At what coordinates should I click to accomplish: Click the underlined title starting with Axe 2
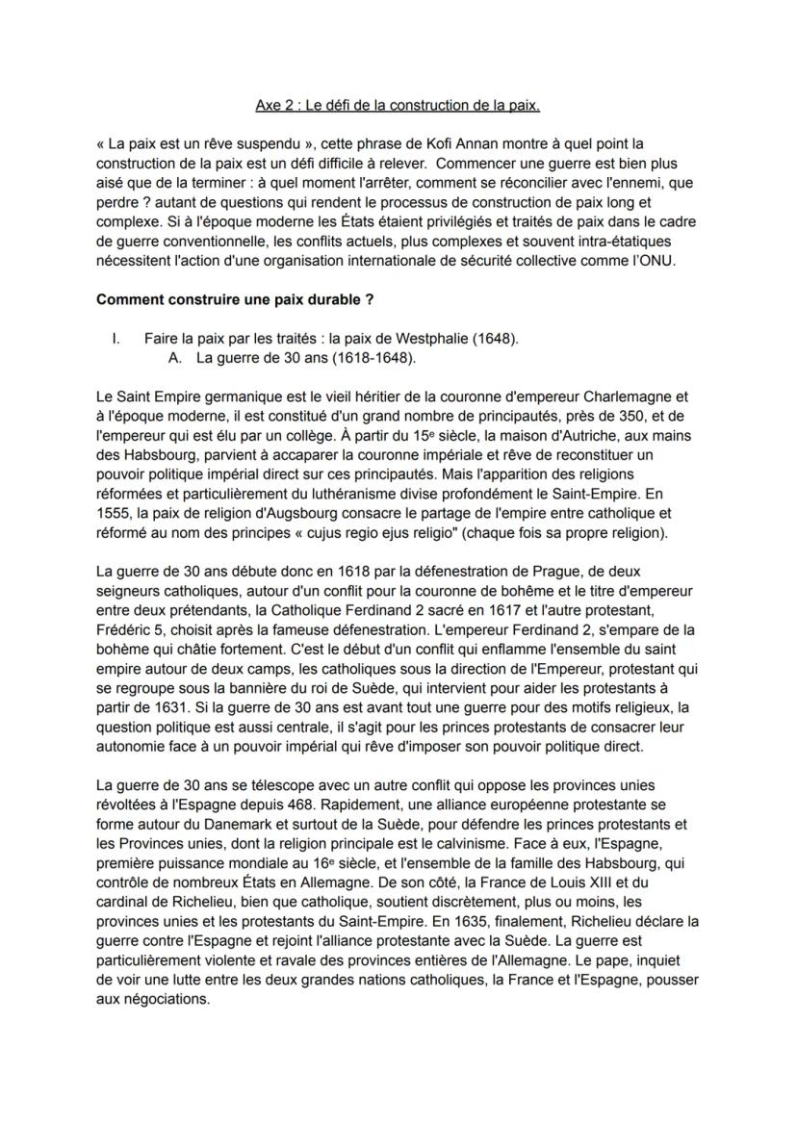[398, 103]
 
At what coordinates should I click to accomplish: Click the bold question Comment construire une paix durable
[235, 299]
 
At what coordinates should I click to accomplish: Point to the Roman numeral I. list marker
[117, 339]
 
